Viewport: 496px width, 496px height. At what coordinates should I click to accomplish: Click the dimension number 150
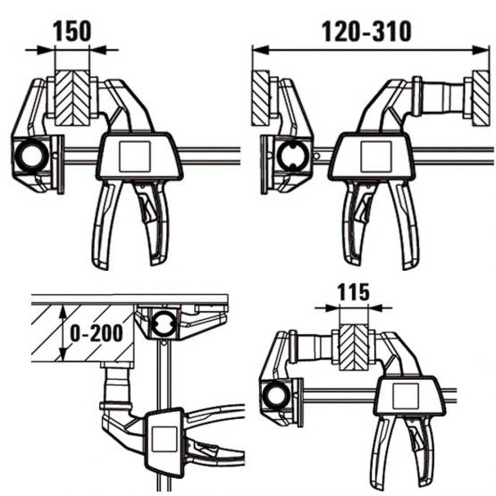click(71, 32)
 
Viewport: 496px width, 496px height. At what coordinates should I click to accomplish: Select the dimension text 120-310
click(367, 32)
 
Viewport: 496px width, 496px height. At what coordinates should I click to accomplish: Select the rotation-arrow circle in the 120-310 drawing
click(290, 157)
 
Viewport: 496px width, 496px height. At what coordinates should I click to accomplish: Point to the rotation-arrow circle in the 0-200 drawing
click(164, 324)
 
